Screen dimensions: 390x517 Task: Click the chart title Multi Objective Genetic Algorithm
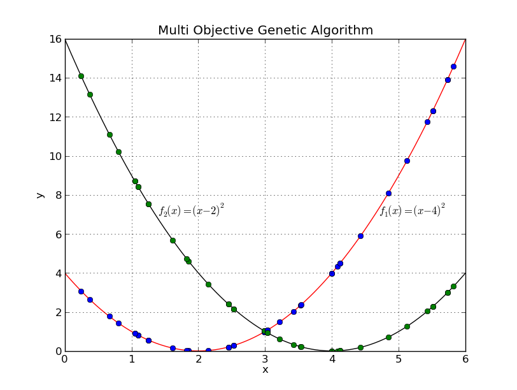click(266, 31)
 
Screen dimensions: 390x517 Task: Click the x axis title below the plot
click(266, 370)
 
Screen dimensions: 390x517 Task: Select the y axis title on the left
click(40, 195)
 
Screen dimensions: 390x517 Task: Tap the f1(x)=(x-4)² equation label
click(412, 210)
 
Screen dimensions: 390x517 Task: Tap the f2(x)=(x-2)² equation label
click(191, 210)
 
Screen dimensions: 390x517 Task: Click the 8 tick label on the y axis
click(57, 196)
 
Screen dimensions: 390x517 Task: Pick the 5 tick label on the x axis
click(399, 359)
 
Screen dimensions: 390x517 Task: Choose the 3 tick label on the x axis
click(266, 359)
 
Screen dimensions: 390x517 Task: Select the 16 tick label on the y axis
click(54, 40)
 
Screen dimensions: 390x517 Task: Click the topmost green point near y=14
click(81, 76)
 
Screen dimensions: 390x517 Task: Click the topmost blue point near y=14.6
click(453, 66)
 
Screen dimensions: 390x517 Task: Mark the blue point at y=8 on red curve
click(388, 193)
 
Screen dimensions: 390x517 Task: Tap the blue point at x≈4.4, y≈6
click(360, 236)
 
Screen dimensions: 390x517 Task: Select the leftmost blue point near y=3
click(81, 291)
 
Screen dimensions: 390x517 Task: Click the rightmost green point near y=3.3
click(453, 286)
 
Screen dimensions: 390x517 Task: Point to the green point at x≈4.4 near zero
click(360, 347)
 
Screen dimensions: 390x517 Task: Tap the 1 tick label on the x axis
click(132, 359)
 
